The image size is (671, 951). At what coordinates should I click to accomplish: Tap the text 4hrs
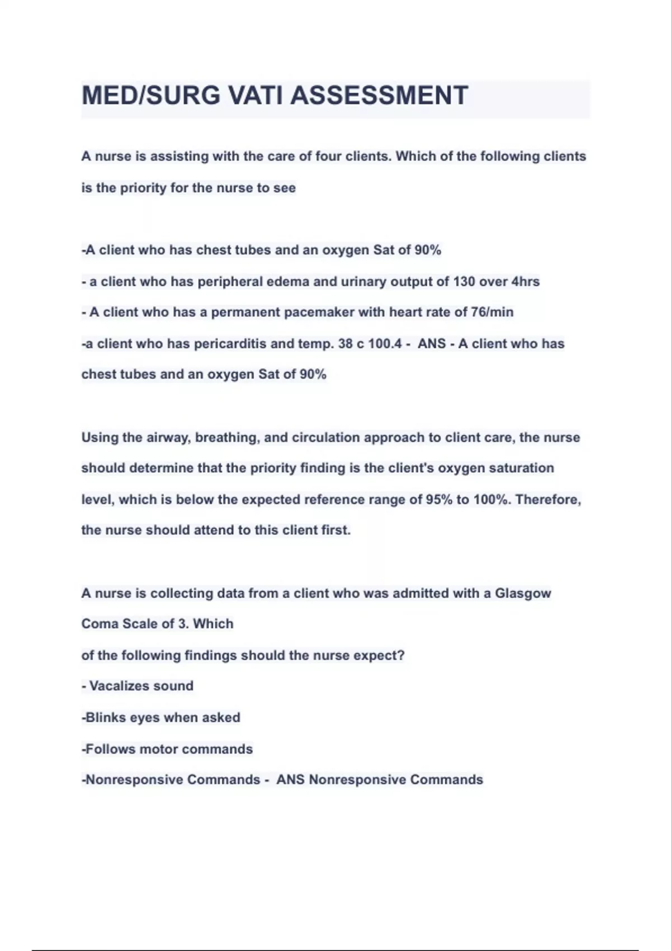click(526, 281)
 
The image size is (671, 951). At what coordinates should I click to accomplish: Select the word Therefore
click(548, 500)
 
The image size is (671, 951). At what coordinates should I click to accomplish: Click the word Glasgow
click(523, 594)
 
